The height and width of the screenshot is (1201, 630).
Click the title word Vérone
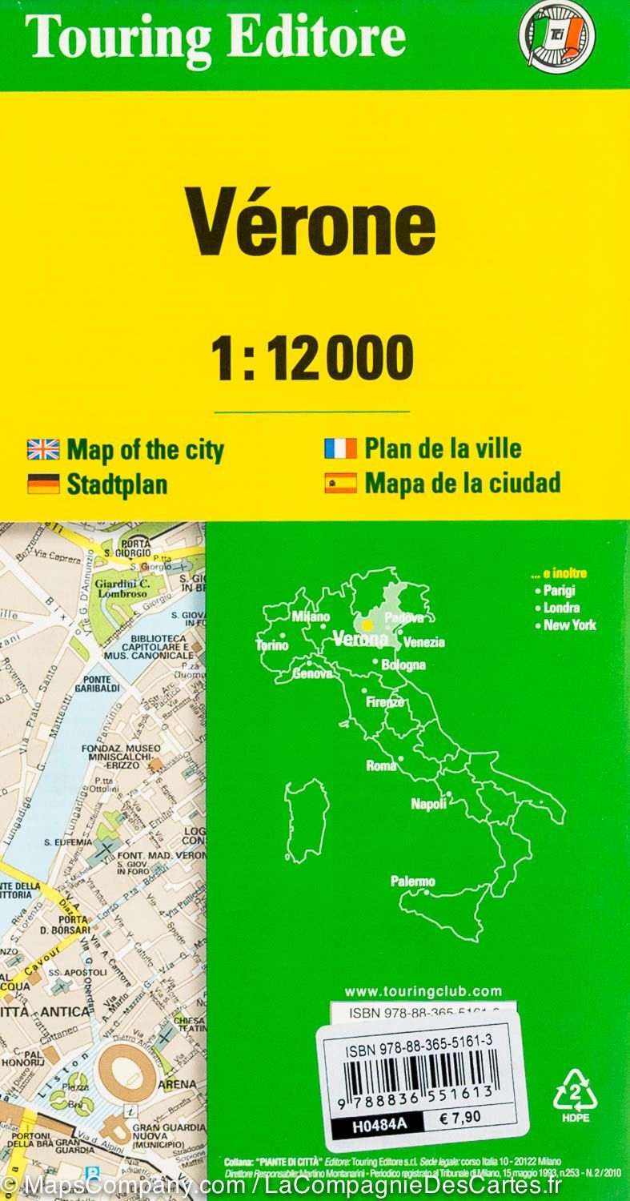pyautogui.click(x=311, y=225)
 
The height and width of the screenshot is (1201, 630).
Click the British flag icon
pyautogui.click(x=43, y=450)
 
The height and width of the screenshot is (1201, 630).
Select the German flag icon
pyautogui.click(x=43, y=484)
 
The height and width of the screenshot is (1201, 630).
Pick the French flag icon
pyautogui.click(x=340, y=449)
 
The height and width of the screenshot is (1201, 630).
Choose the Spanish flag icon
pyautogui.click(x=340, y=483)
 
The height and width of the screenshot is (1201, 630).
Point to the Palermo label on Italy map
pyautogui.click(x=412, y=882)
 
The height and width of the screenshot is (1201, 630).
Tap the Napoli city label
pyautogui.click(x=428, y=804)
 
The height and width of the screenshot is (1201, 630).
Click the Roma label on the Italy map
pyautogui.click(x=381, y=765)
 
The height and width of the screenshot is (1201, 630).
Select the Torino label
pyautogui.click(x=271, y=645)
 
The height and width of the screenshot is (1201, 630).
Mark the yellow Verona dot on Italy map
pyautogui.click(x=367, y=625)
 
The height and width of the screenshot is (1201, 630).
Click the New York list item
pyautogui.click(x=569, y=625)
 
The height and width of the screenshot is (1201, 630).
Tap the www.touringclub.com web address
pyautogui.click(x=423, y=991)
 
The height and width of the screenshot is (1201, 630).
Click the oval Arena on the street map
pyautogui.click(x=127, y=1070)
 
